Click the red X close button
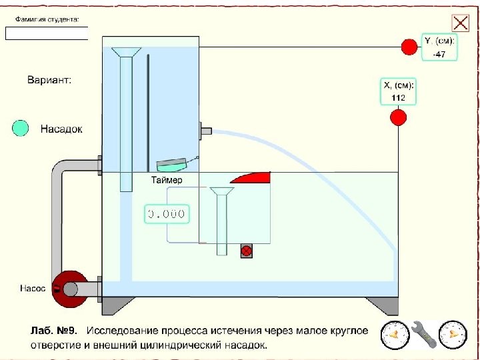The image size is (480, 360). point(460,23)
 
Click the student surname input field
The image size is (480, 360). point(47,33)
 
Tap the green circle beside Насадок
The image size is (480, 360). point(21,128)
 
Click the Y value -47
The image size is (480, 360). point(439,55)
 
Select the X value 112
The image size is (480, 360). point(398,97)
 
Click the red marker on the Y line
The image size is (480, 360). point(408,47)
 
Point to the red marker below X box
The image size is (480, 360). point(398,118)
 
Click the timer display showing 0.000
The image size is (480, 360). point(166,214)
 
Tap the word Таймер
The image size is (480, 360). point(166,180)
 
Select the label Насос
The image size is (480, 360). point(33,289)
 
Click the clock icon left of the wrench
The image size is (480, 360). point(394,333)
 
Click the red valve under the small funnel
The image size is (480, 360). point(246,251)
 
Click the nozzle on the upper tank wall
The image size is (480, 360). point(205,130)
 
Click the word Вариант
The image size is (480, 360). point(49,80)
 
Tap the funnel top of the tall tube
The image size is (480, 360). point(126,51)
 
